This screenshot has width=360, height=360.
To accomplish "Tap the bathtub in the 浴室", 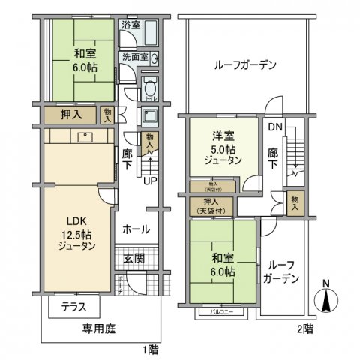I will (151, 33).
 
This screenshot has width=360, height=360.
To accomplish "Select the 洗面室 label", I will (134, 57).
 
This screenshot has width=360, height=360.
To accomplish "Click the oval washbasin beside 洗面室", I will (155, 58).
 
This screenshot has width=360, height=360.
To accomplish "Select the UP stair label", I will (150, 181).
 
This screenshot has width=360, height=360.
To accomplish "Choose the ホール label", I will (136, 229).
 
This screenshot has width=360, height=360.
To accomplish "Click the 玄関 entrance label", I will (136, 259).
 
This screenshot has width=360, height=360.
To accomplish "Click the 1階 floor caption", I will (153, 348).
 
